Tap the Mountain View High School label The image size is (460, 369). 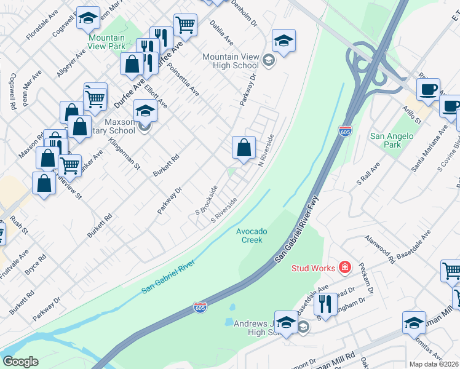[x=231, y=61]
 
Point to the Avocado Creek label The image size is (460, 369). [x=252, y=235]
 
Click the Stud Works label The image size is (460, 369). [x=313, y=268]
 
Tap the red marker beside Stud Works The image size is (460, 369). [x=344, y=267]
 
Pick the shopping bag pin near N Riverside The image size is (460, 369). [x=244, y=148]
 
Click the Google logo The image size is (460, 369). [x=20, y=362]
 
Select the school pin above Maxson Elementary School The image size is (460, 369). [x=145, y=111]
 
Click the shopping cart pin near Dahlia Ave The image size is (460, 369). [x=184, y=25]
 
